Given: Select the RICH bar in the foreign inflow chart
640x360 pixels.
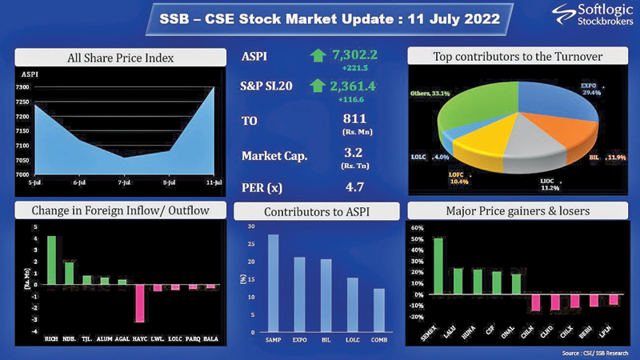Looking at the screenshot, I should click(x=51, y=261).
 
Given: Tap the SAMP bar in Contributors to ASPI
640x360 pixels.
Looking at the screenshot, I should click(x=274, y=283).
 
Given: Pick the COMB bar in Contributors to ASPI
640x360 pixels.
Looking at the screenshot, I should click(x=378, y=310).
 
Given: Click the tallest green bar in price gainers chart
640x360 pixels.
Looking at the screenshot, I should click(x=438, y=267).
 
